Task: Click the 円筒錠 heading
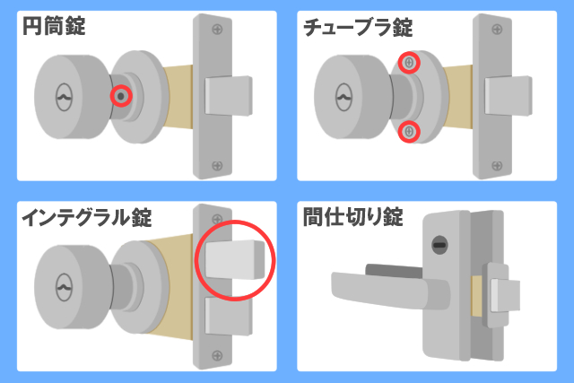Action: [54, 26]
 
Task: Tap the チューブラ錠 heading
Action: [358, 27]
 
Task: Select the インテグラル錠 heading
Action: [87, 217]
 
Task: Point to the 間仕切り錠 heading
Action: [352, 217]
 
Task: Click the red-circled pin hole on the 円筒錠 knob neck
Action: [121, 96]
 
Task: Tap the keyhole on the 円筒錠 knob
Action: [64, 98]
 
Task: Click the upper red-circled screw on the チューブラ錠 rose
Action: [409, 63]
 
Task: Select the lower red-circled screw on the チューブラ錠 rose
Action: [409, 132]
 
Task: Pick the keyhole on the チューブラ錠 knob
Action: [344, 98]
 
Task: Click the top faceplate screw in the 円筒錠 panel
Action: [217, 29]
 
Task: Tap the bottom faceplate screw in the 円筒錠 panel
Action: [217, 166]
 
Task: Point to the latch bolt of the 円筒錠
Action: [229, 96]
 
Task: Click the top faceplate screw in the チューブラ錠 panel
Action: [497, 29]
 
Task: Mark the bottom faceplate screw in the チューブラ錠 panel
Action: [497, 166]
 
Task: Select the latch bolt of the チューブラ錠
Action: [509, 96]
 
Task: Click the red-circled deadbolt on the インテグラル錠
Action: [235, 259]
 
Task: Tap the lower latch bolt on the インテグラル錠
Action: [229, 316]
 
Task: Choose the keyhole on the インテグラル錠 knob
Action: [64, 287]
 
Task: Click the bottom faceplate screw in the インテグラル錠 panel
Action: [217, 355]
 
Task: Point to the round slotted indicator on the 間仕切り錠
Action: [439, 245]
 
